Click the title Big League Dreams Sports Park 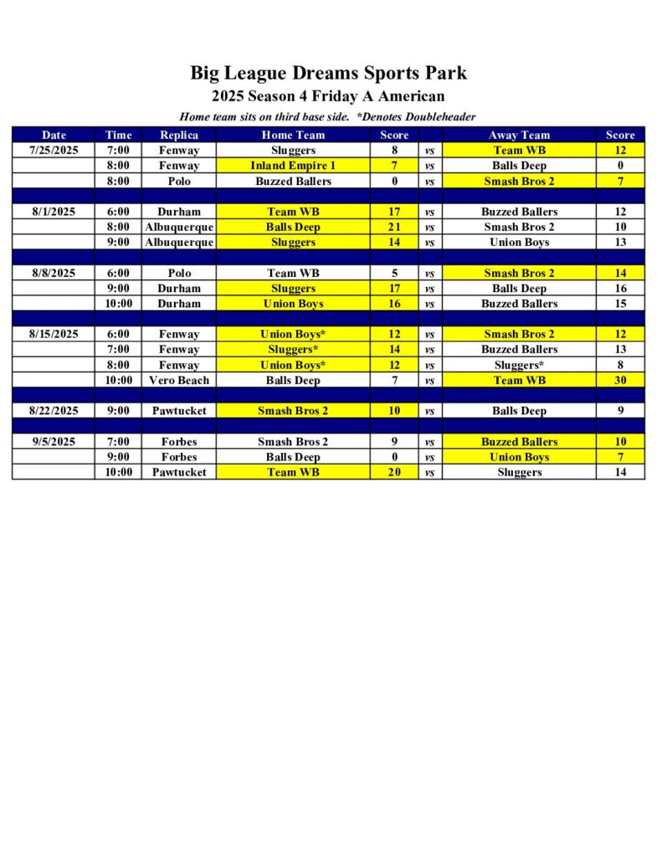click(328, 73)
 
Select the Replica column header click(179, 135)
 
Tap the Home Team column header click(293, 135)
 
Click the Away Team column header click(519, 135)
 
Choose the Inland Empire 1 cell click(293, 166)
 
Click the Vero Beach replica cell click(179, 380)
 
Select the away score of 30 click(620, 380)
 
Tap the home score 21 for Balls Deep click(394, 227)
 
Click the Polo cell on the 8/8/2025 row click(179, 273)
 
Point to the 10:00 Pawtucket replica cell click(179, 472)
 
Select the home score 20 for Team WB click(394, 472)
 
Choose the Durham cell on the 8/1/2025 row click(179, 212)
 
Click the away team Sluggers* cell click(519, 365)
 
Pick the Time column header click(119, 135)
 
